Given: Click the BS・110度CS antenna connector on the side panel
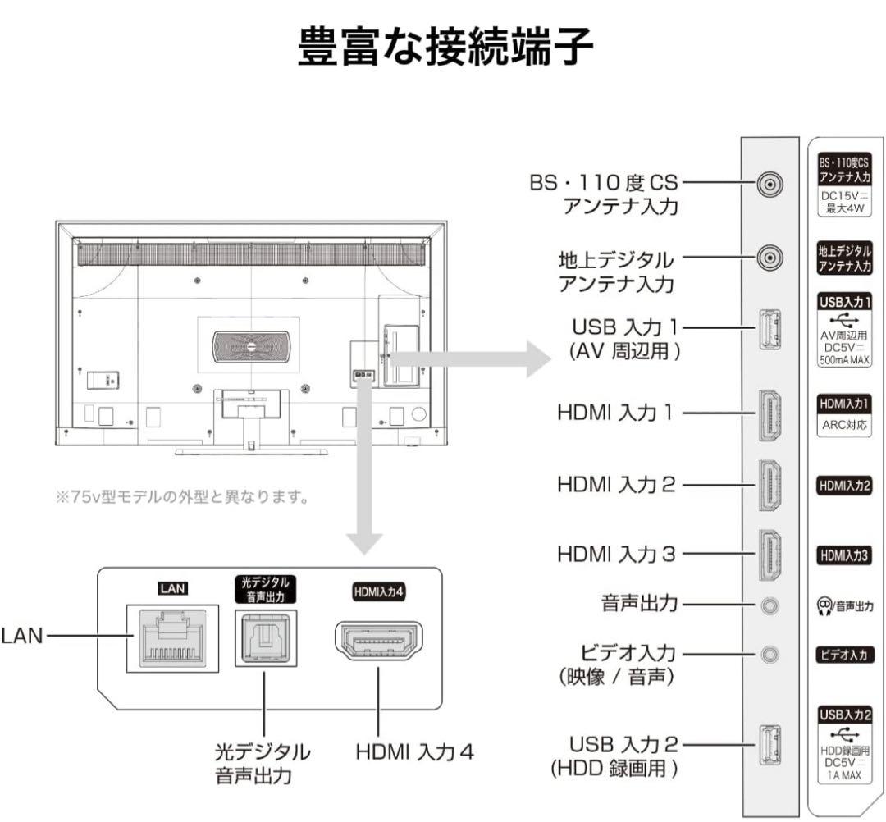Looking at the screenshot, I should pos(769,185).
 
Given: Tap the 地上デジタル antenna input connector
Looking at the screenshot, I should pos(769,258).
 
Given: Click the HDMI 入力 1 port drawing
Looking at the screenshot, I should pos(769,412).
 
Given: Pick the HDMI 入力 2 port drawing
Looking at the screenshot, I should pos(769,485).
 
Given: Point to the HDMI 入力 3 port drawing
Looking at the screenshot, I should pos(769,555).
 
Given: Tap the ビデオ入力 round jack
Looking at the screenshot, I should pos(769,655).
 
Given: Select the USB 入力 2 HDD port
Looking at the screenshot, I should pos(769,745).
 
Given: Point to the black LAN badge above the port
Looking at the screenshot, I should pos(173,587).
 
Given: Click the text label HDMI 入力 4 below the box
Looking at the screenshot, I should pos(414,751).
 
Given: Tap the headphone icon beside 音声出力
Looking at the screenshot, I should pos(824,605).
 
